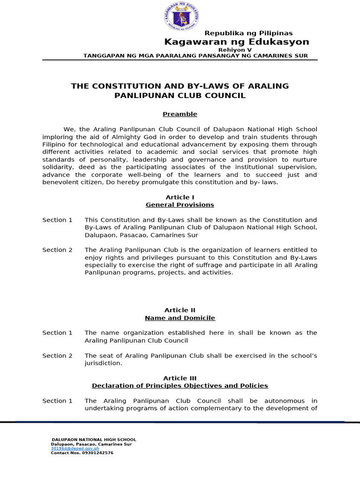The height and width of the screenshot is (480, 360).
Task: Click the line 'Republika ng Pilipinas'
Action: point(248,33)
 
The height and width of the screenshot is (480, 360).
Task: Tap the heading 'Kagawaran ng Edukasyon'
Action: point(236,42)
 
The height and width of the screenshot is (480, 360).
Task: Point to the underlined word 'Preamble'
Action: point(180,114)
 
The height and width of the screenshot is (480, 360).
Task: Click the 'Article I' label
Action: point(180,197)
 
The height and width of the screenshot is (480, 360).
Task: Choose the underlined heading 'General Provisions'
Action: point(180,205)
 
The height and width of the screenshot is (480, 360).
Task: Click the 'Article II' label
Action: point(180,310)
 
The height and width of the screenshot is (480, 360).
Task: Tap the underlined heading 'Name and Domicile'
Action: point(180,318)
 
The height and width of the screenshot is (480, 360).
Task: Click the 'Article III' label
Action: point(180,378)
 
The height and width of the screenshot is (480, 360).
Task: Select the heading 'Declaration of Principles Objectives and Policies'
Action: point(180,386)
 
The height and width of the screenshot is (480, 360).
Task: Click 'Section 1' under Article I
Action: point(57,220)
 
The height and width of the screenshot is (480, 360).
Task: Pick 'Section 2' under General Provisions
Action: point(57,250)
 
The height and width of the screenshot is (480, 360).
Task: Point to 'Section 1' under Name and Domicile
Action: point(57,333)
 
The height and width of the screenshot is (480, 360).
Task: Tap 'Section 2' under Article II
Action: point(57,356)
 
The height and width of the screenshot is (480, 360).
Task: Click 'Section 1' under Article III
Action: point(57,401)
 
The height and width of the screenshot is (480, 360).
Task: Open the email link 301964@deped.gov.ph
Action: point(75,449)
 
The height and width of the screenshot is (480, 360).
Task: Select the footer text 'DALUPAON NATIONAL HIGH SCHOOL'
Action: point(94,440)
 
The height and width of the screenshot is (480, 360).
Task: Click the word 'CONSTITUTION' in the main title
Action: point(122,86)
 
